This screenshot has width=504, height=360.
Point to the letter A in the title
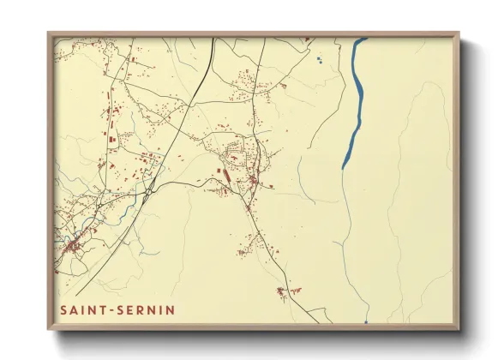(x=74, y=309)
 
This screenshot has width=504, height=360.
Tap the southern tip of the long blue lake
(x=344, y=166)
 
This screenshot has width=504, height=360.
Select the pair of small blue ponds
(x=318, y=60)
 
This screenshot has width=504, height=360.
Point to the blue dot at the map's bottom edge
(x=365, y=322)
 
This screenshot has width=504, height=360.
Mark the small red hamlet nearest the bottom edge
(x=281, y=291)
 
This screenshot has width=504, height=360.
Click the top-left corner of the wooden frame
(x=49, y=33)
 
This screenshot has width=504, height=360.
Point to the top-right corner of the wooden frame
(x=459, y=33)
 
